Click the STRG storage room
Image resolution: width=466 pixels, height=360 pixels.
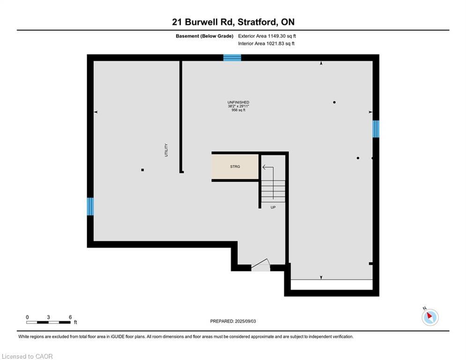(x=235, y=166)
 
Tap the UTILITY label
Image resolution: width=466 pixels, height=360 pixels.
(x=166, y=150)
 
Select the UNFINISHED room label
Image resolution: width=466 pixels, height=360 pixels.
(x=238, y=102)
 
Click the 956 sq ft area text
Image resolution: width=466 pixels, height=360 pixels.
(x=238, y=110)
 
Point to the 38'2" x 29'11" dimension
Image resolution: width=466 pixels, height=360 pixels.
(x=238, y=106)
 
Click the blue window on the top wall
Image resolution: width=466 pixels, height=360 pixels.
(x=232, y=58)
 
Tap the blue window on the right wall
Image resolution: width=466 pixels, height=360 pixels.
(x=376, y=129)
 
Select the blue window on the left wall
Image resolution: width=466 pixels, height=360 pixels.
(x=90, y=206)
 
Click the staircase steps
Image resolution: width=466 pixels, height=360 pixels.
(x=273, y=190)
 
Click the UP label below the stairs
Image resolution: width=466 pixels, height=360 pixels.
(x=273, y=207)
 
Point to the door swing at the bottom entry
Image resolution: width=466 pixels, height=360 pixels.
(x=260, y=265)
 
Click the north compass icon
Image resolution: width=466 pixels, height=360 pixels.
(x=429, y=317)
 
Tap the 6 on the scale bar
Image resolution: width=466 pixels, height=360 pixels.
(x=70, y=317)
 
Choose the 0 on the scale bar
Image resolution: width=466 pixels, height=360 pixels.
(x=27, y=317)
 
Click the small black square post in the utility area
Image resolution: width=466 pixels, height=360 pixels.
(x=142, y=170)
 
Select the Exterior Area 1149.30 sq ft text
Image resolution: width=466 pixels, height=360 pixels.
(x=267, y=36)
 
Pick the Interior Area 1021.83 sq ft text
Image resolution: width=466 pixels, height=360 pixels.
(x=266, y=44)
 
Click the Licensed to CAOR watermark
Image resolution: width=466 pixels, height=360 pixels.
(x=28, y=356)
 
